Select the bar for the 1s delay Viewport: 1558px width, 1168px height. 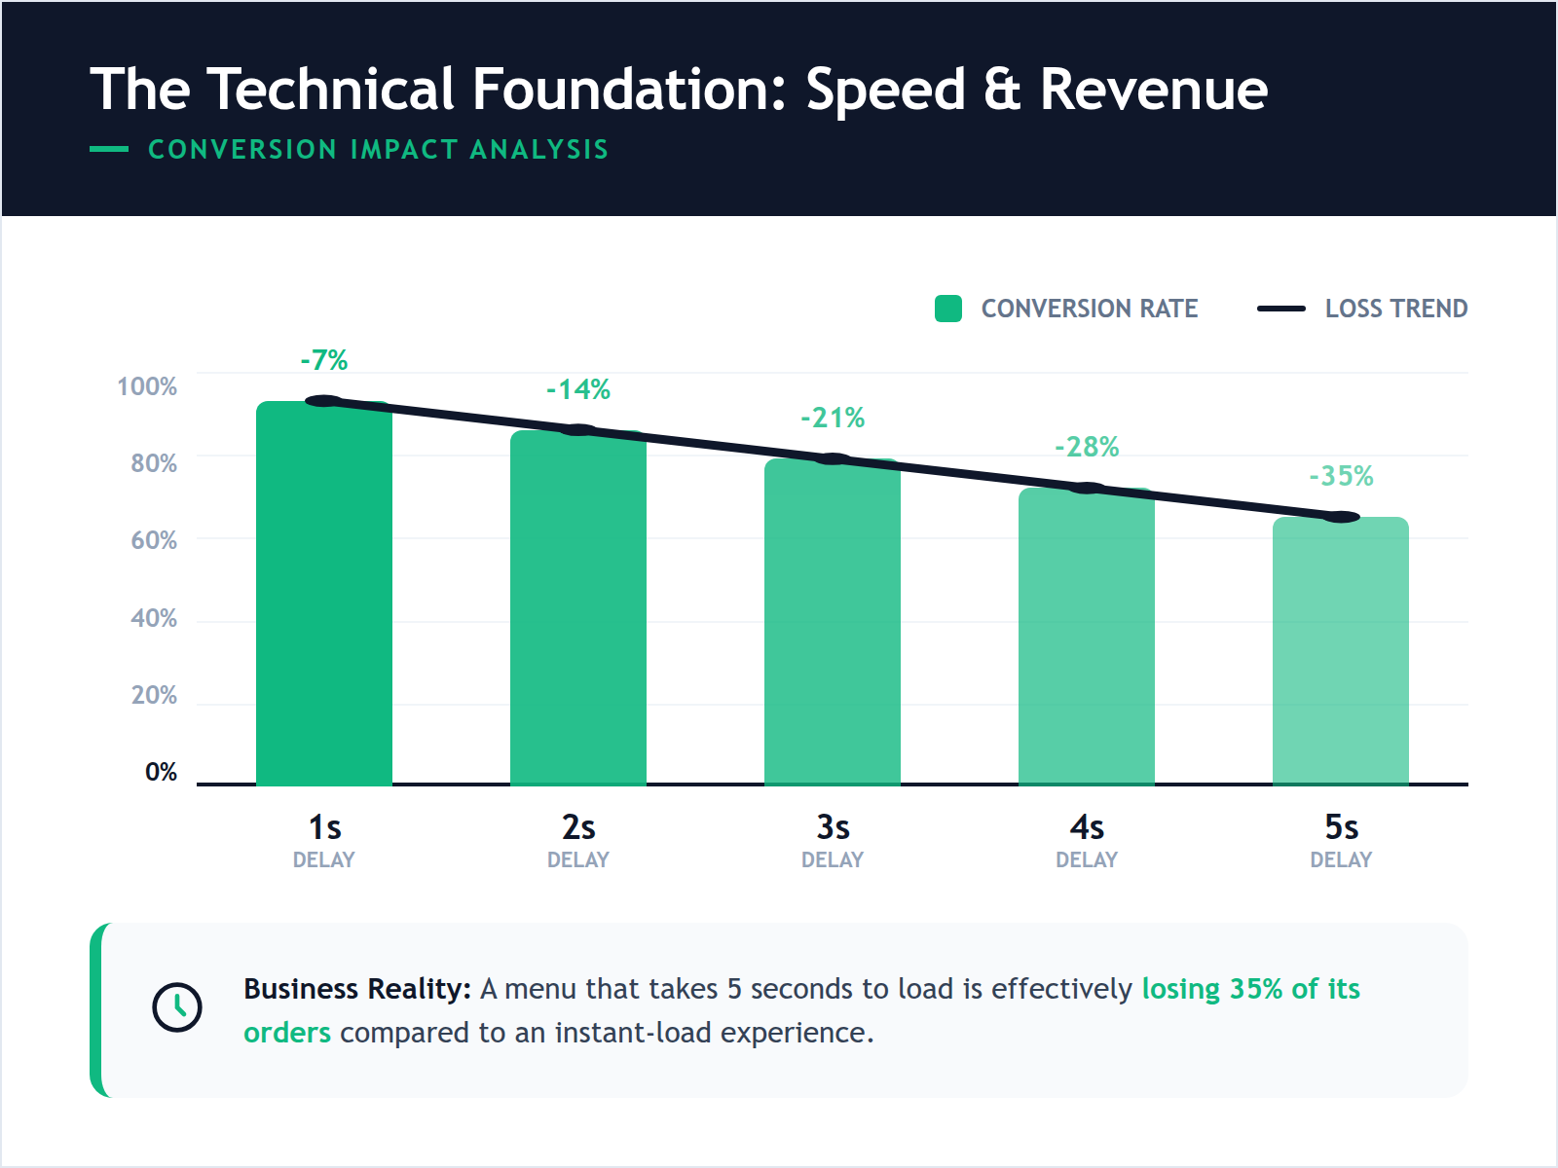[x=323, y=594]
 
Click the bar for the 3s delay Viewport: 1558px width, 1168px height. [x=832, y=623]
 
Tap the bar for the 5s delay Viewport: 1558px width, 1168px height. [x=1340, y=652]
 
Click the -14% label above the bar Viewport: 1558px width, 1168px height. [x=578, y=389]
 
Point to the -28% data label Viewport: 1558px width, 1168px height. [x=1087, y=447]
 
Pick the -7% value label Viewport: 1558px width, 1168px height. [x=323, y=360]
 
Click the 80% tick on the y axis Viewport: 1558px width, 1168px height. [x=154, y=463]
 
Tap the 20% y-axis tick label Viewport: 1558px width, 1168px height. [x=154, y=695]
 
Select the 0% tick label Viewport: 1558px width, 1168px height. [x=161, y=772]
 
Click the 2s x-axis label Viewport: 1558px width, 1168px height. [x=578, y=827]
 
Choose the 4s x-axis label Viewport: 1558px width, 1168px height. [x=1087, y=827]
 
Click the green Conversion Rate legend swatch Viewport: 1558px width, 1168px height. [x=947, y=309]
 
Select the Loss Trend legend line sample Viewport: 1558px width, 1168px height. [x=1280, y=309]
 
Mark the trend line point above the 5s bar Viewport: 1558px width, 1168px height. [x=1341, y=517]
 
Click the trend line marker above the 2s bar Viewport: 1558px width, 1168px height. [x=578, y=430]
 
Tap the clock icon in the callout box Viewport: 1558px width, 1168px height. [x=177, y=1006]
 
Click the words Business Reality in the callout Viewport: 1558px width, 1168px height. [x=356, y=989]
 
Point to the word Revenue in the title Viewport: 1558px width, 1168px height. [x=1153, y=90]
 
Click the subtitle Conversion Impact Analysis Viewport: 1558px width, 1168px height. [x=378, y=149]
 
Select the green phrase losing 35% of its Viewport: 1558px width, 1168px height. [x=1250, y=989]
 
